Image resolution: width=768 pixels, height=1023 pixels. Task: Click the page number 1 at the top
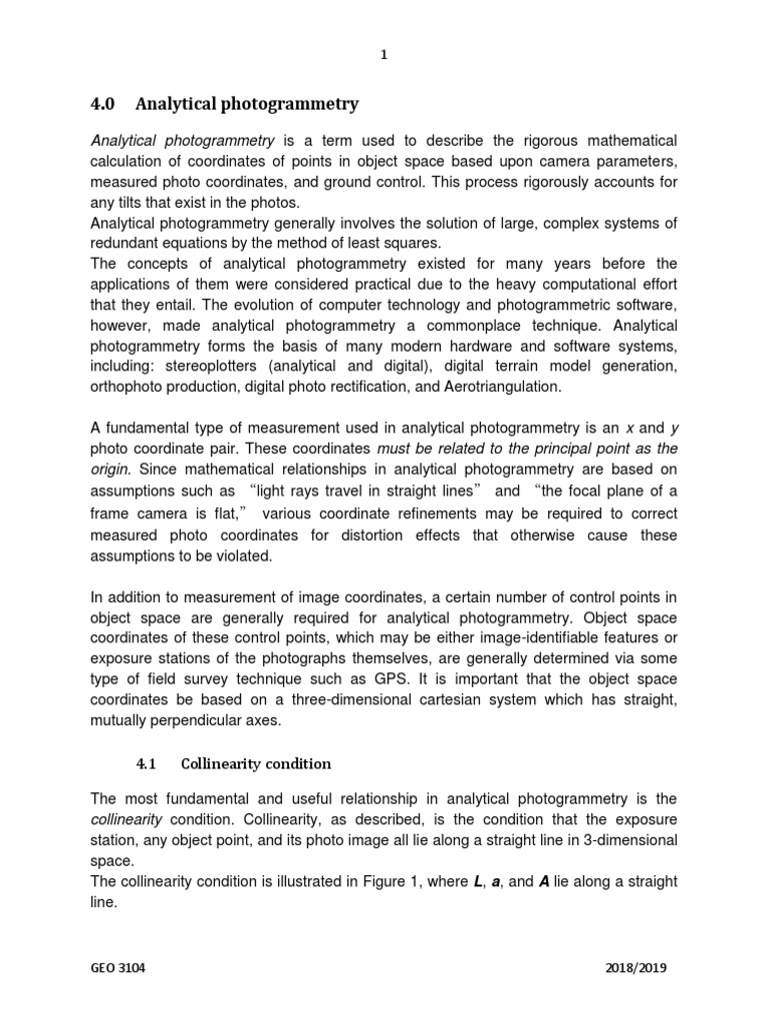(383, 56)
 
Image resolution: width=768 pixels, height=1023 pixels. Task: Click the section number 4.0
(104, 104)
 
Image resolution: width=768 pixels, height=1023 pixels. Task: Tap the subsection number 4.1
(147, 764)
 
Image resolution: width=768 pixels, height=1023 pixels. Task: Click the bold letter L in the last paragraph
(477, 881)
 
